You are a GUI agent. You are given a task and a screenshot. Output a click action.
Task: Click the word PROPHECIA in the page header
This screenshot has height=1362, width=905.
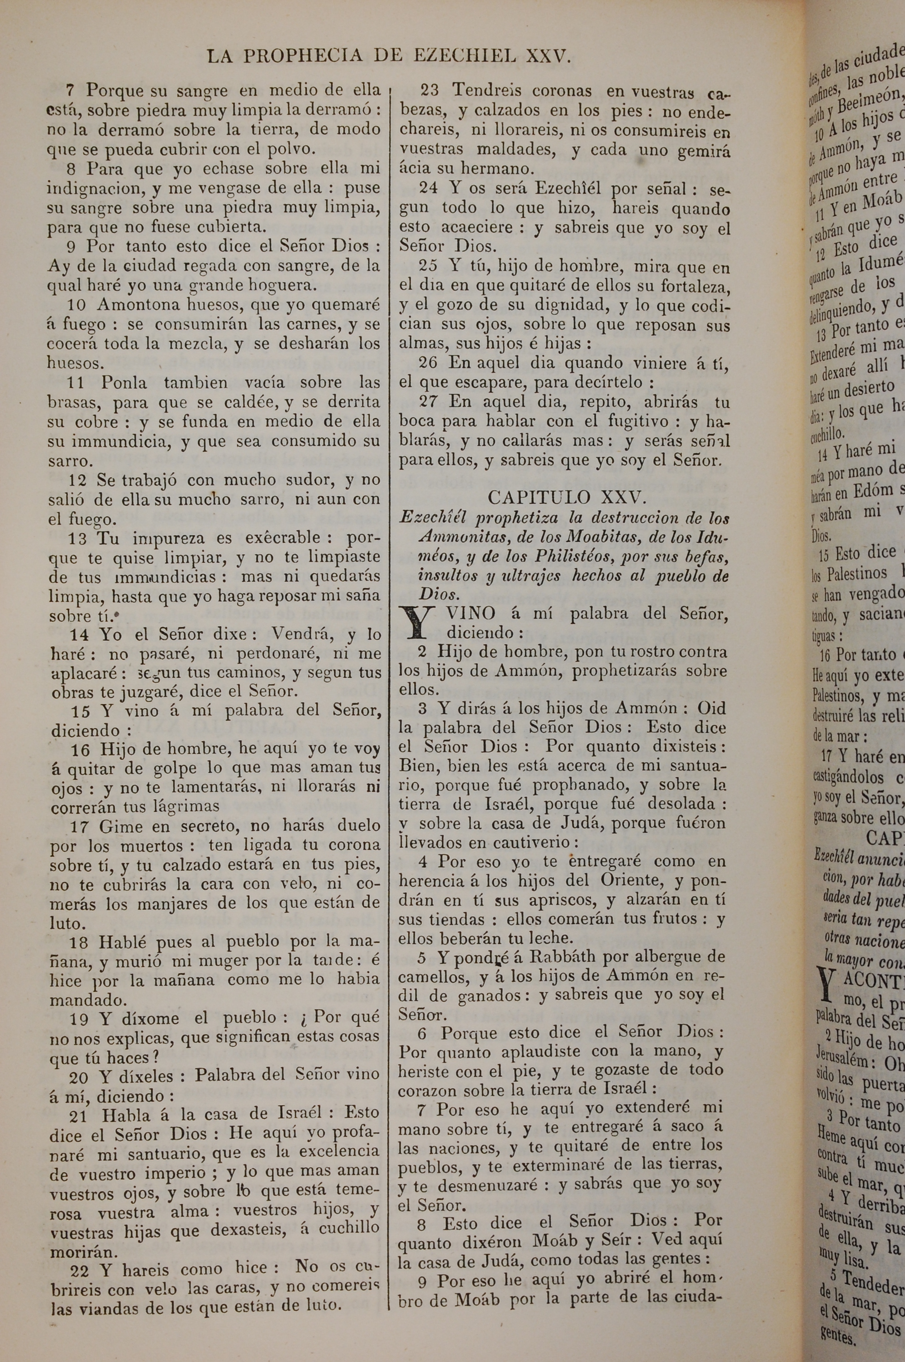pos(303,56)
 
